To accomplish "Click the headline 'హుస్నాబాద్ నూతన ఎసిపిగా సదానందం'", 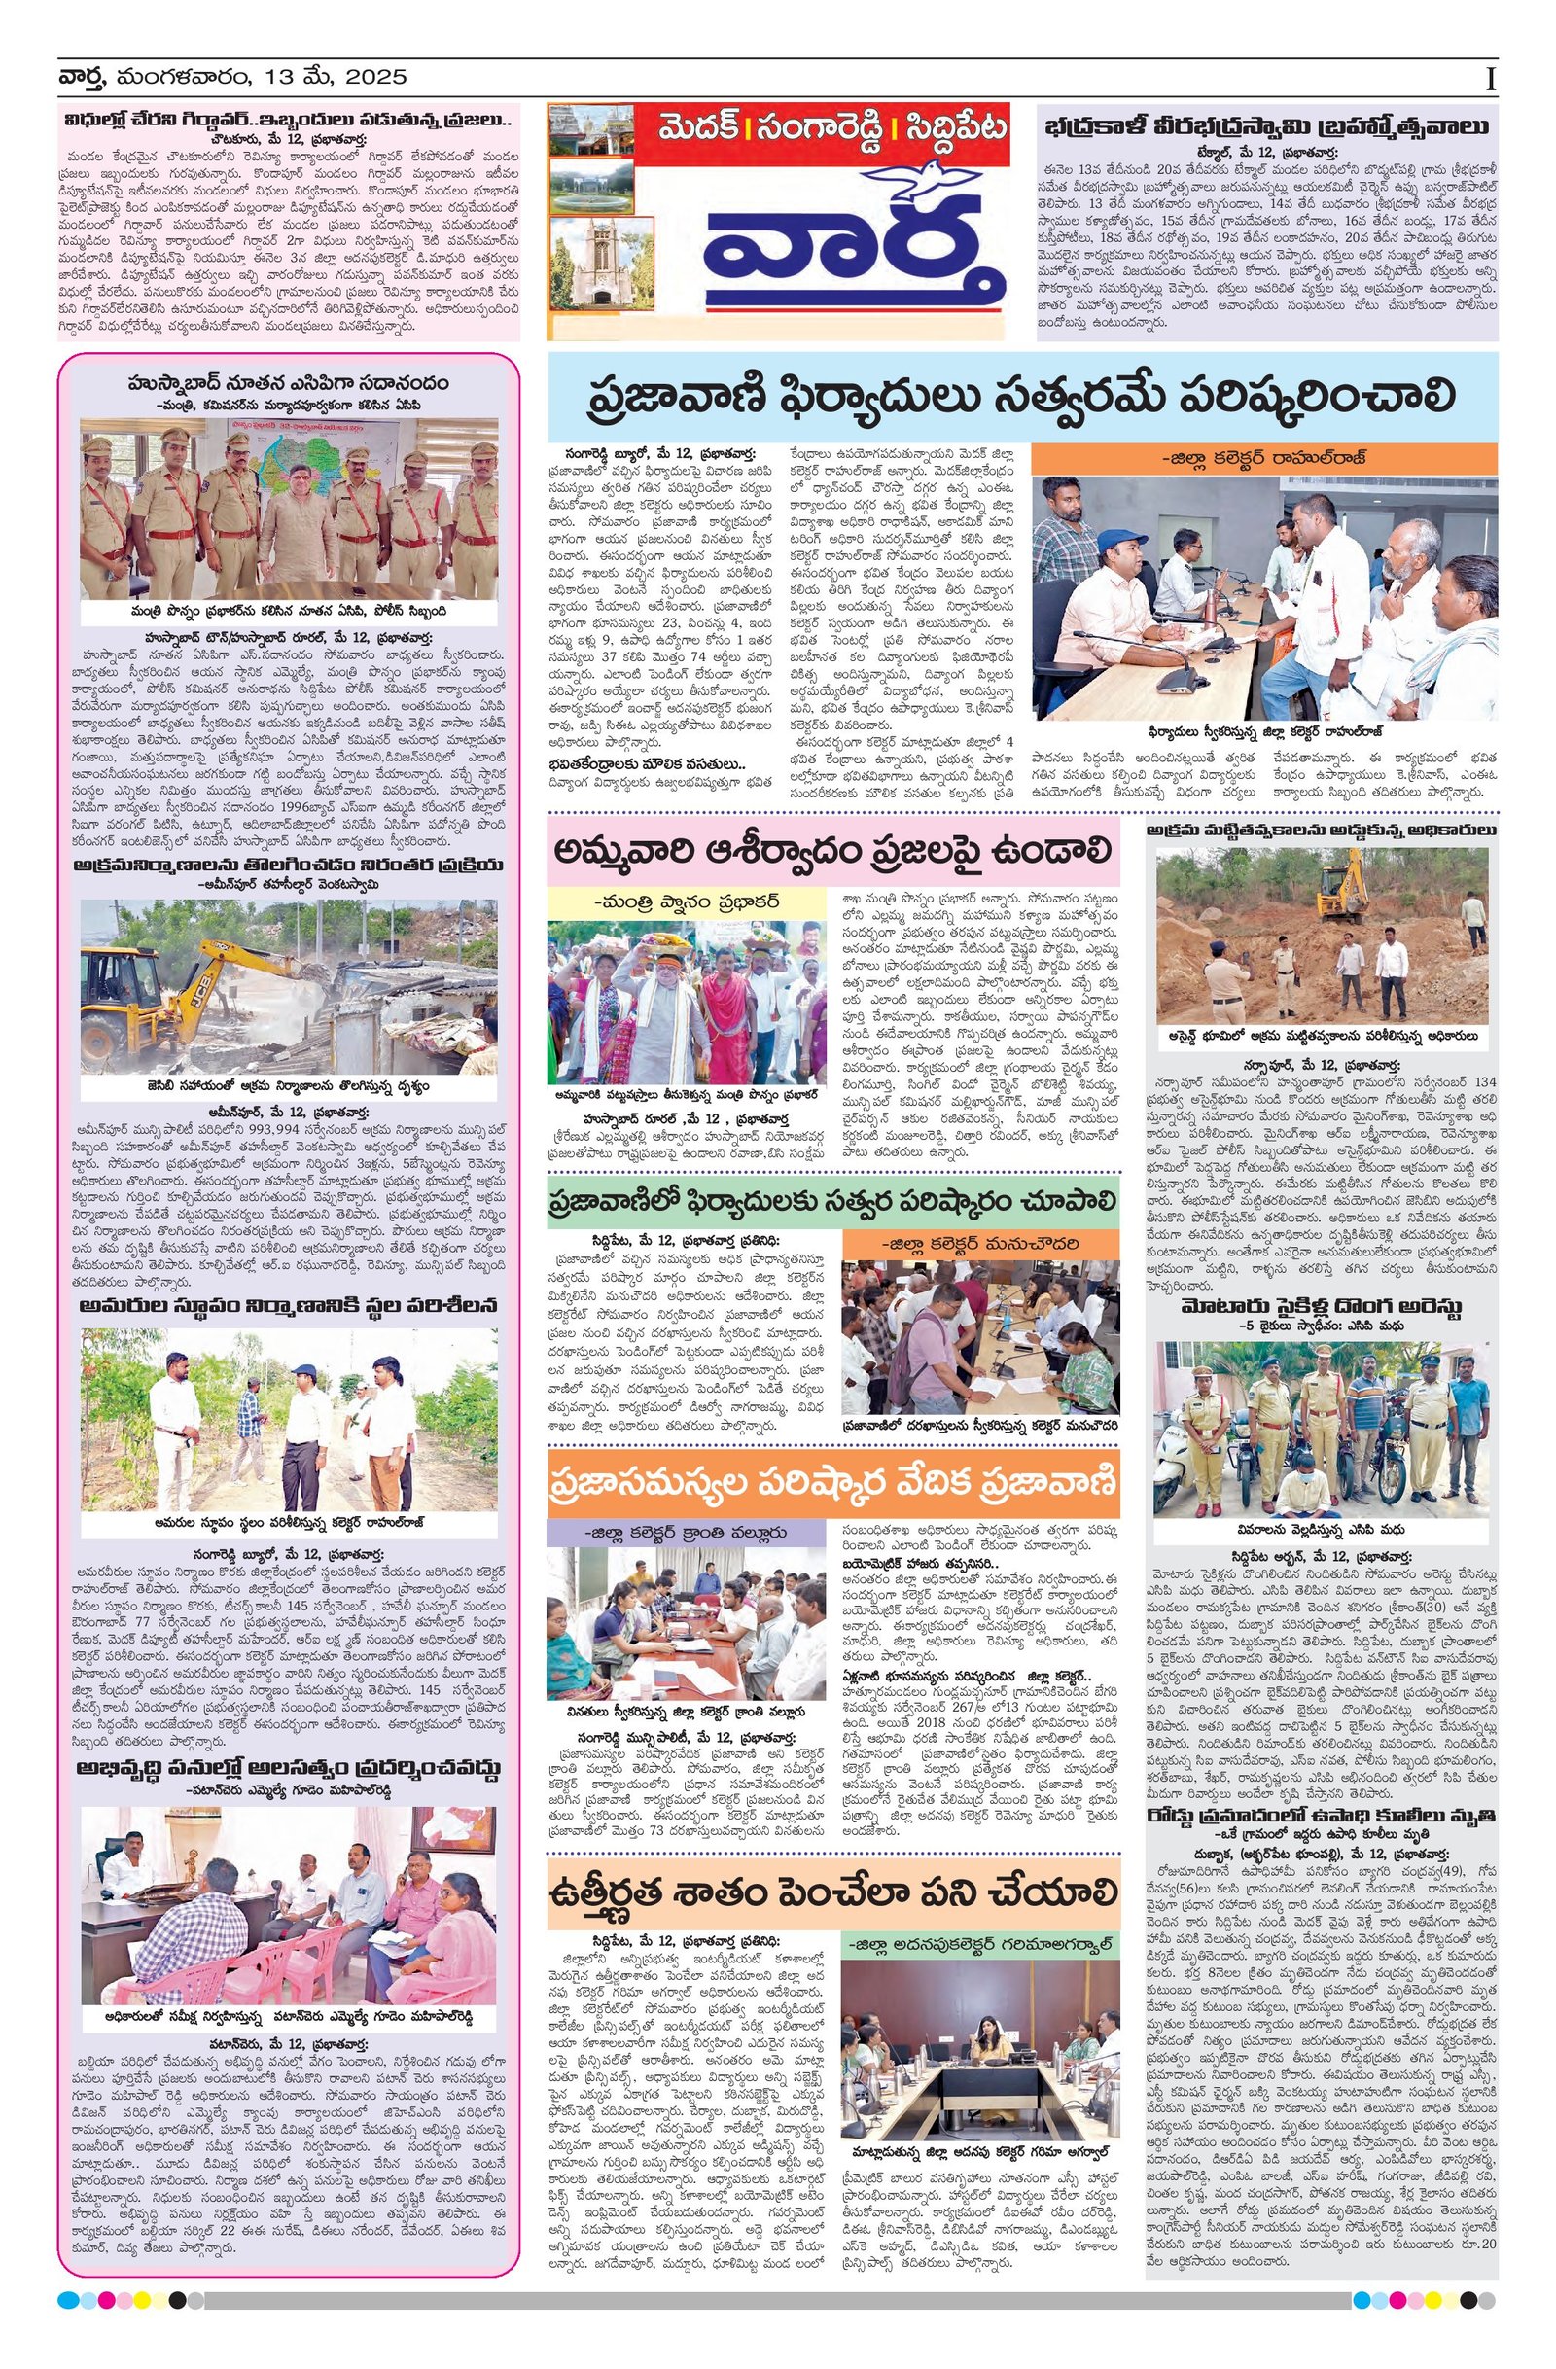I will click(289, 383).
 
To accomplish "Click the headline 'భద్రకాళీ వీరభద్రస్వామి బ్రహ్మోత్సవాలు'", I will click(1266, 128).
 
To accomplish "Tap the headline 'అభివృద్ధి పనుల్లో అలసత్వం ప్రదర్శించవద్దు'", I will click(289, 1768).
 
